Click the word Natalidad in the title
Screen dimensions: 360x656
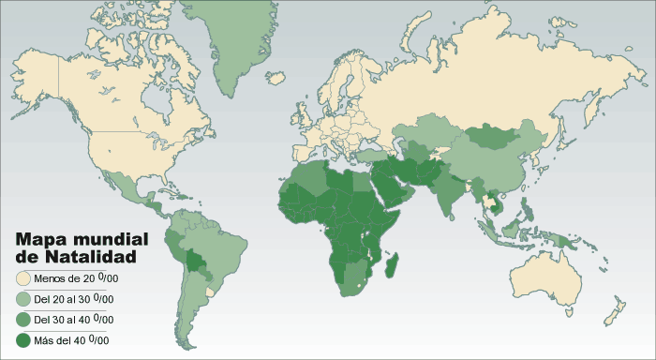[97, 255]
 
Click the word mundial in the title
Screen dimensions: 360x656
[109, 238]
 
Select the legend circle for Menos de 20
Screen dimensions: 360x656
[23, 278]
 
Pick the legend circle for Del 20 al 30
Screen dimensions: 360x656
[23, 299]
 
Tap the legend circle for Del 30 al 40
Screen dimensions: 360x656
[23, 320]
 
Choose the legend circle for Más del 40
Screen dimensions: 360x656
[23, 339]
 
